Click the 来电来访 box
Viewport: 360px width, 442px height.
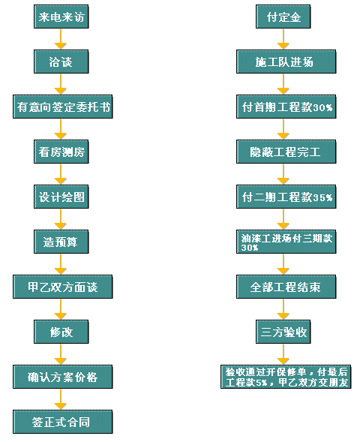(x=61, y=17)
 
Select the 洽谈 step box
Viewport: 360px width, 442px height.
(x=61, y=62)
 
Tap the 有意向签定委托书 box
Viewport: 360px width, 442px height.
(x=62, y=107)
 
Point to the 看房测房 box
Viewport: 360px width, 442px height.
(x=61, y=152)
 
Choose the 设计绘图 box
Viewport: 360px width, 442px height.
(x=61, y=197)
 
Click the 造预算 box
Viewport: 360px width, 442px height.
(x=61, y=242)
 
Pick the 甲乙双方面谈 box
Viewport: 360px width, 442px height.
(x=62, y=287)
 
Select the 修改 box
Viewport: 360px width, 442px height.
(x=61, y=332)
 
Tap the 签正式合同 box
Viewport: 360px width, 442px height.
(x=62, y=422)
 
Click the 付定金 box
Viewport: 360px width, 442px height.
(x=283, y=17)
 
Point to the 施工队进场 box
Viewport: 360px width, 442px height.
(x=286, y=62)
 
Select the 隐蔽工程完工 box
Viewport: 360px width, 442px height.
(x=286, y=152)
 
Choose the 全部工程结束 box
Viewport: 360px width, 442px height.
(x=286, y=287)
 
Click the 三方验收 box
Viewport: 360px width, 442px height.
(x=283, y=332)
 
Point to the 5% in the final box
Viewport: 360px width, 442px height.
(x=261, y=383)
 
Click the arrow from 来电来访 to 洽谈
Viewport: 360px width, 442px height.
(x=60, y=39)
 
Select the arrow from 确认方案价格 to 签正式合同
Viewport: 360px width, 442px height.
(x=60, y=399)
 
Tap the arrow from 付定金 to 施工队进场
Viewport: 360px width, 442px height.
(x=283, y=39)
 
